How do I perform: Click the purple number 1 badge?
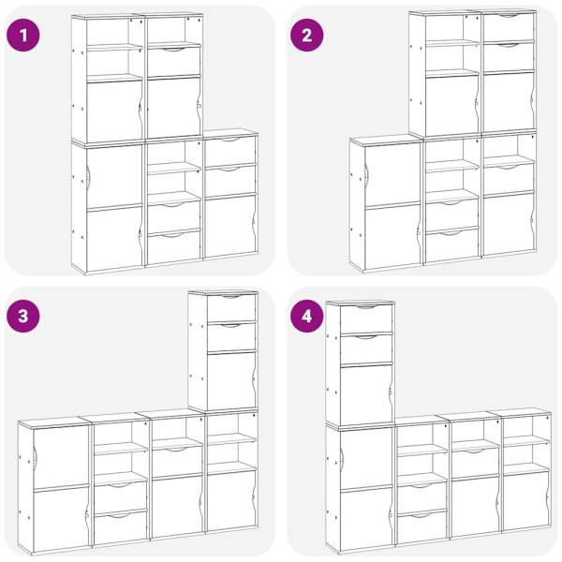pyautogui.click(x=22, y=36)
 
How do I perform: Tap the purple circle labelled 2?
pyautogui.click(x=307, y=36)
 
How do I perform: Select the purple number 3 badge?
pyautogui.click(x=22, y=317)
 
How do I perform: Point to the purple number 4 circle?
pyautogui.click(x=307, y=317)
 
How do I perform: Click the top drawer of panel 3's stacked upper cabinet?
pyautogui.click(x=231, y=307)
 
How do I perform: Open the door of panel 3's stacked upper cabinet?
pyautogui.click(x=231, y=379)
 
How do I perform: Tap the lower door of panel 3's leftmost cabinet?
pyautogui.click(x=61, y=518)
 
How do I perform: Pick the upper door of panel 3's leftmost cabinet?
pyautogui.click(x=61, y=455)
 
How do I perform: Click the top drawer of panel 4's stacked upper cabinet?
pyautogui.click(x=366, y=318)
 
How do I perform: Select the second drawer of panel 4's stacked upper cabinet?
pyautogui.click(x=366, y=348)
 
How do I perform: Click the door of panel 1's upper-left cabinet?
pyautogui.click(x=114, y=111)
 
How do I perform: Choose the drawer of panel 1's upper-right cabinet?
pyautogui.click(x=174, y=61)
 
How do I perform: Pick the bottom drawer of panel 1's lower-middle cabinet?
pyautogui.click(x=174, y=247)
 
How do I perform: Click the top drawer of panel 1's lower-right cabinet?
pyautogui.click(x=230, y=151)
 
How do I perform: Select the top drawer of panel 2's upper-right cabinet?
pyautogui.click(x=509, y=27)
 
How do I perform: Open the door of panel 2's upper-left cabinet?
pyautogui.click(x=452, y=106)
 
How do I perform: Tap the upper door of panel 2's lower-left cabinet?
pyautogui.click(x=392, y=174)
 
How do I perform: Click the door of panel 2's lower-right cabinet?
pyautogui.click(x=509, y=224)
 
